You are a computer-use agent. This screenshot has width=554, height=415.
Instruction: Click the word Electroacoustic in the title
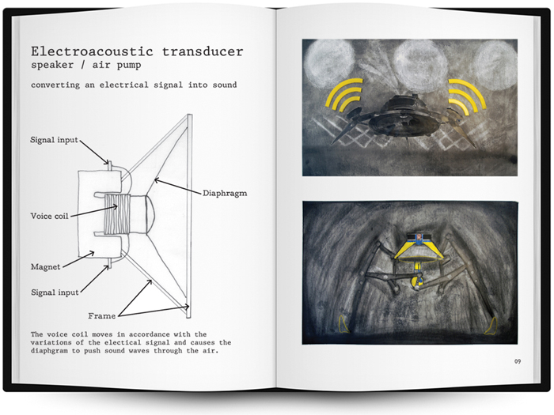(92, 51)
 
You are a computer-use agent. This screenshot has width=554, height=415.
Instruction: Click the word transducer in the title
(203, 51)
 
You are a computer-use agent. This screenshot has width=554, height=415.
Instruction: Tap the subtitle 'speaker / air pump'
(85, 65)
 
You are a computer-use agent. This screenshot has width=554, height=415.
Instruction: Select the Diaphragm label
(225, 194)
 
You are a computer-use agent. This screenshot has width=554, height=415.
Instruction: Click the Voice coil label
(49, 216)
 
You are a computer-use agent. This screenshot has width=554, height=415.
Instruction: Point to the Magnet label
(46, 267)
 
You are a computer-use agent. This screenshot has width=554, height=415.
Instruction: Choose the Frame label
(102, 316)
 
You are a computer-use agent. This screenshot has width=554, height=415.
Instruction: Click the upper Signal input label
(54, 140)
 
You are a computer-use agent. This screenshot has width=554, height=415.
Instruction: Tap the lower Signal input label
(55, 292)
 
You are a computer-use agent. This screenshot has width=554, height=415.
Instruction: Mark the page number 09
(518, 361)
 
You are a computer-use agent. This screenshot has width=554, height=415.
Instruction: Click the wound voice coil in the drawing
(117, 215)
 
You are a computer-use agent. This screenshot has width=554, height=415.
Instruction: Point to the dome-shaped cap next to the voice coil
(150, 215)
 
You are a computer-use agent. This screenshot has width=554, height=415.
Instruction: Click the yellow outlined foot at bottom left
(343, 325)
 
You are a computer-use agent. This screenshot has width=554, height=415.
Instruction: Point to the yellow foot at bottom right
(491, 326)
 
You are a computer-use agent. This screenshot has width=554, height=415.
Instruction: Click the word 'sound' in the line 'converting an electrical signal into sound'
(225, 85)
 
